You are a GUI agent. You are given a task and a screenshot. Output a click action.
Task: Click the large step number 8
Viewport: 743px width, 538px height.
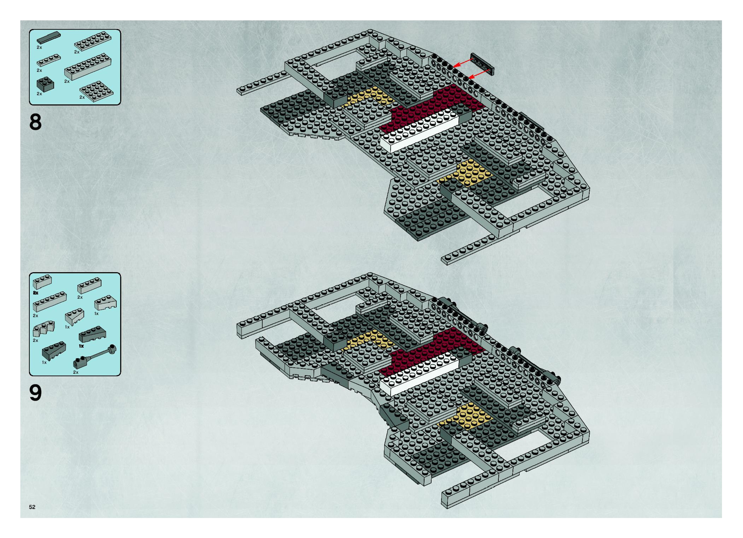(x=35, y=122)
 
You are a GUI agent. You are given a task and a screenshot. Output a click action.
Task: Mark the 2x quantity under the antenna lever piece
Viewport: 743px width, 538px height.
(x=76, y=372)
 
